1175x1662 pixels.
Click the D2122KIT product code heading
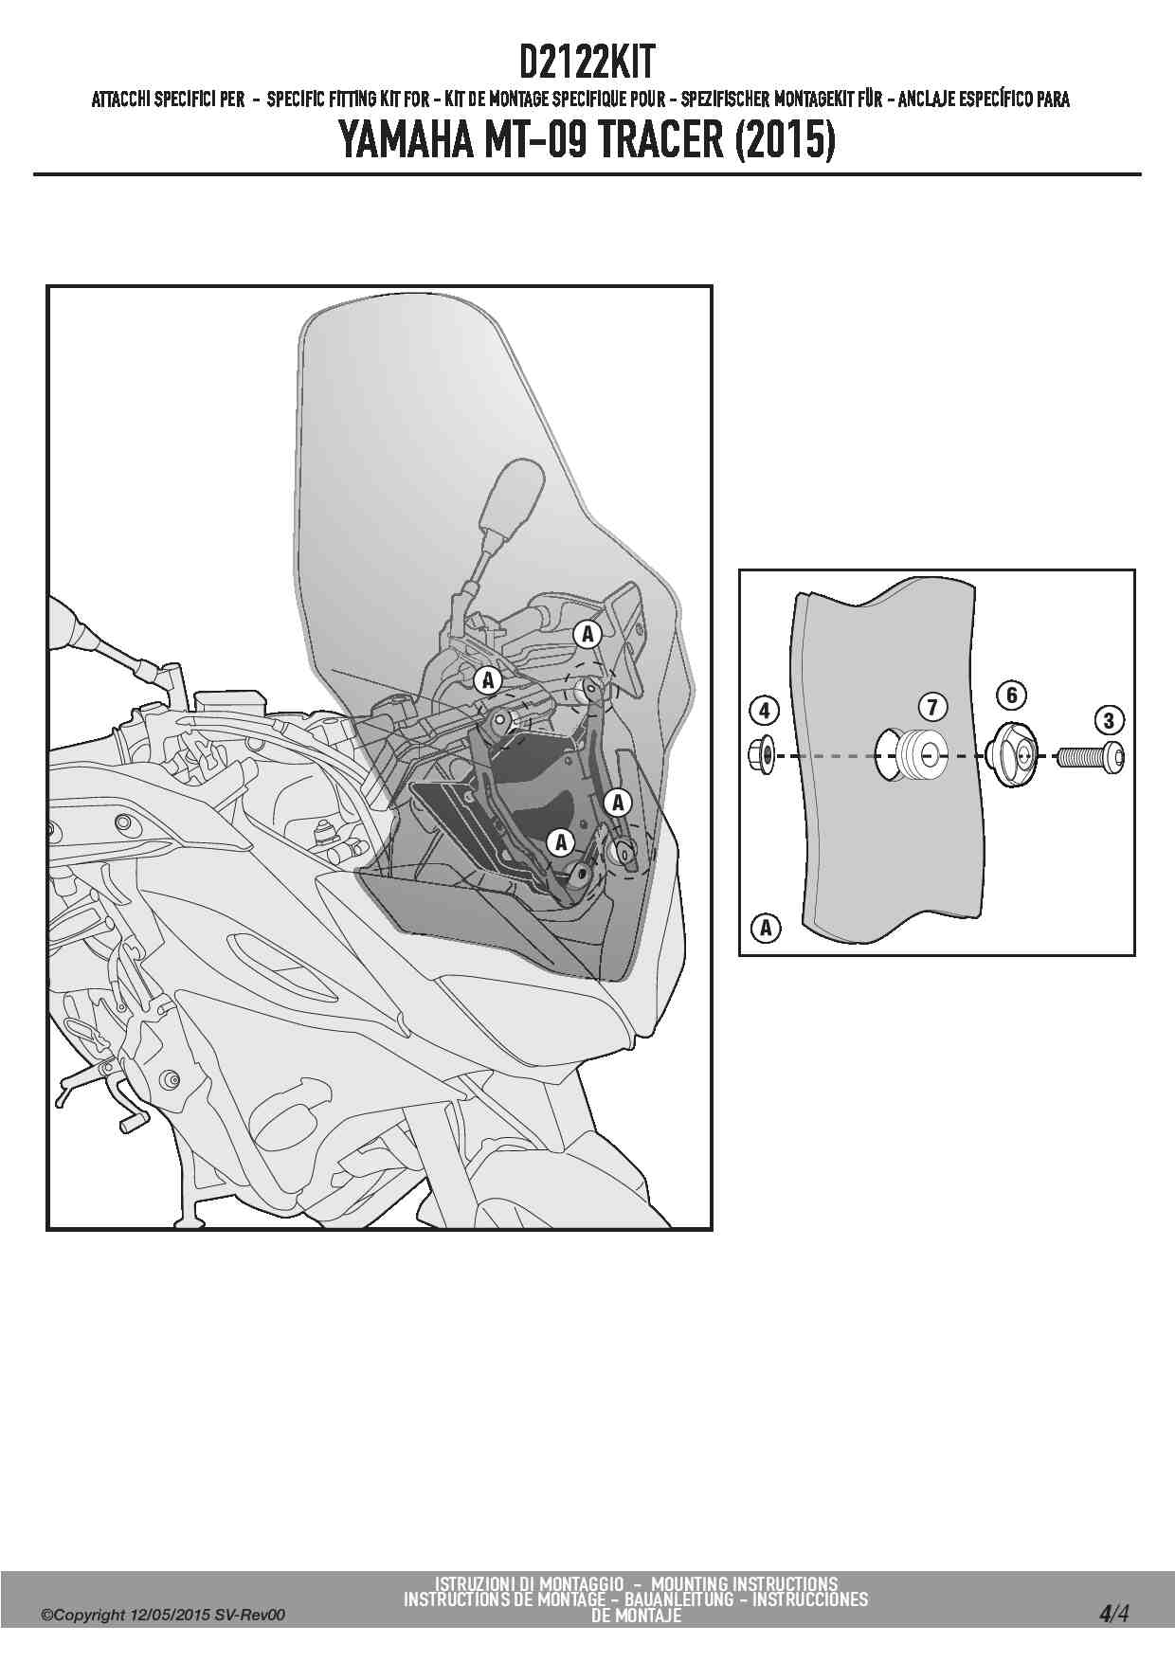click(587, 64)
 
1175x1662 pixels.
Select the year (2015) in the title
click(784, 141)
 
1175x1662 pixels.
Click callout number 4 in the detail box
click(765, 709)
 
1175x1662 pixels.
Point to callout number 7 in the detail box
click(932, 707)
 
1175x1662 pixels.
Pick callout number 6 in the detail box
click(1012, 696)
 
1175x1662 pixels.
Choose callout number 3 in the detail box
click(1110, 720)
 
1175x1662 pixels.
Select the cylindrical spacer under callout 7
click(918, 754)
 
